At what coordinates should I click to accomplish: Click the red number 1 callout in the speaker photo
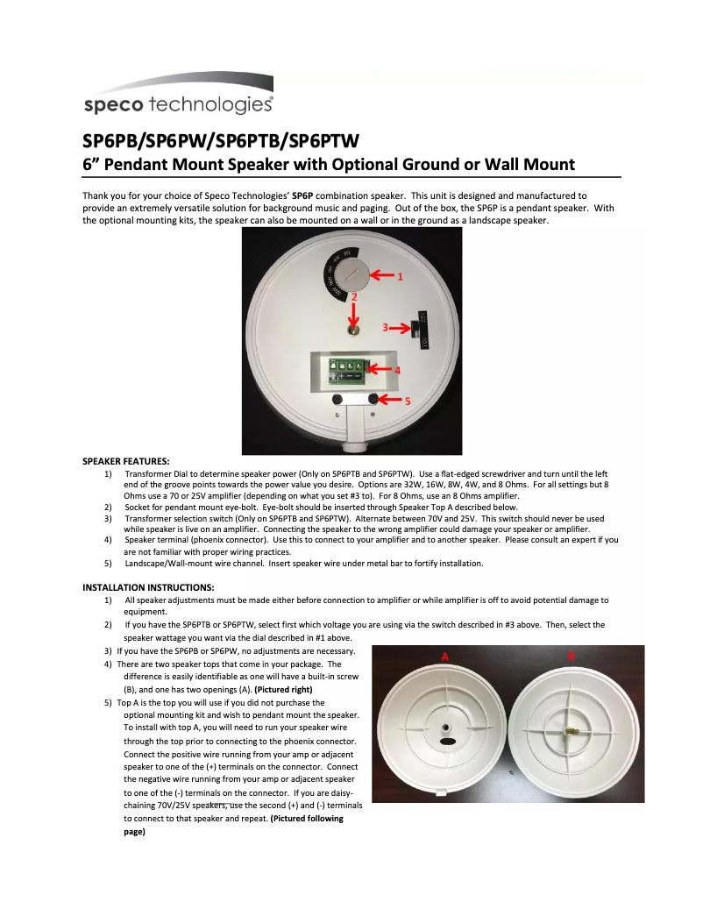click(400, 276)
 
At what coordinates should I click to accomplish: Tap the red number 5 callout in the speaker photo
click(408, 400)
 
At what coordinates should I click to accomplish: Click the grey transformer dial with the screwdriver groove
click(352, 273)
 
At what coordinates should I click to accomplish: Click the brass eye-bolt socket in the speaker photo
click(352, 331)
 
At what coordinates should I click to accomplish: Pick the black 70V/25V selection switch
click(419, 329)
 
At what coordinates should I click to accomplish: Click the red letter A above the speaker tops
click(444, 656)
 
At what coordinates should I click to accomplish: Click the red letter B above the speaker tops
click(571, 655)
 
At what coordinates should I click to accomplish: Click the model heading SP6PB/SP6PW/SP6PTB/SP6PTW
click(221, 141)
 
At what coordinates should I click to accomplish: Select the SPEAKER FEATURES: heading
click(126, 461)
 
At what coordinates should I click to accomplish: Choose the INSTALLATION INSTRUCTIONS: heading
click(148, 587)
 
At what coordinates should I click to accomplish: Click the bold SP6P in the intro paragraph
click(302, 195)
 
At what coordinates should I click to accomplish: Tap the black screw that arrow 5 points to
click(373, 400)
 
